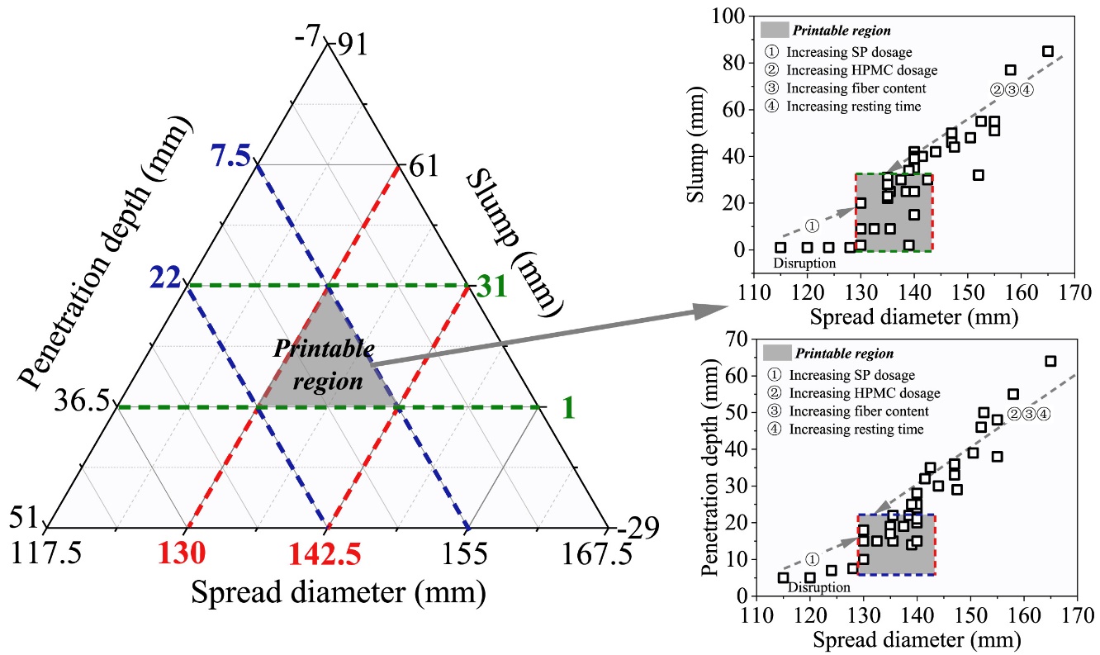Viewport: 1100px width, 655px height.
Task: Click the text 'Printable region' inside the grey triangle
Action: [325, 364]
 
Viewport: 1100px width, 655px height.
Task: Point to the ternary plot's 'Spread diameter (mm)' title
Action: [339, 591]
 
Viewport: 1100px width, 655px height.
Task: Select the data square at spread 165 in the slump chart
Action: [1048, 51]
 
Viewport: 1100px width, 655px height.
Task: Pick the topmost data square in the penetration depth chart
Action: [1050, 361]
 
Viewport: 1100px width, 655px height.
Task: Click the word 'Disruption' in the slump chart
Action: [804, 263]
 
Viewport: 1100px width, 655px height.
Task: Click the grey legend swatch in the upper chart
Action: [773, 31]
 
